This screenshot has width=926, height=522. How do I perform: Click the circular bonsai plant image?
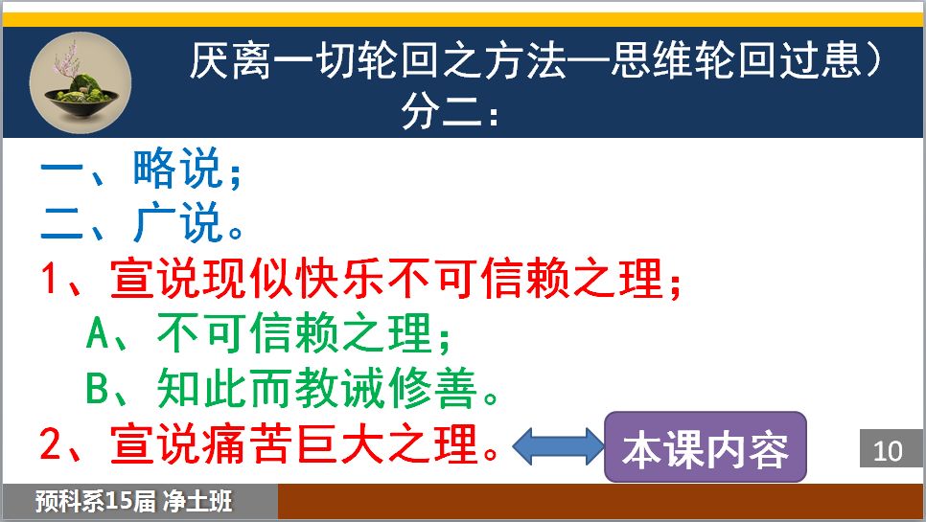click(81, 82)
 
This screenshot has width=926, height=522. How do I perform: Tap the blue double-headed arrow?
click(558, 446)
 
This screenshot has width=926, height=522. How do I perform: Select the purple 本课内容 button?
click(706, 447)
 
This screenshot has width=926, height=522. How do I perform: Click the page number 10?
click(888, 451)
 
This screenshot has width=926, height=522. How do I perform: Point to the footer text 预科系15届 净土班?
click(133, 501)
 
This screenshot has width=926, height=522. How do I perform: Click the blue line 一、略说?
click(141, 169)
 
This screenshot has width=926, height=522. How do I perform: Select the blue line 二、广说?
click(142, 222)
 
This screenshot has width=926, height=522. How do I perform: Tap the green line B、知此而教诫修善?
click(292, 388)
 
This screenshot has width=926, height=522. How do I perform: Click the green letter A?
click(98, 332)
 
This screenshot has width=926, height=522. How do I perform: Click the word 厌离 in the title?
click(229, 59)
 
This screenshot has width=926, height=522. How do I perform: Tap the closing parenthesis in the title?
click(874, 59)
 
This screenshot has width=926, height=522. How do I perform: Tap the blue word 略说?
click(177, 169)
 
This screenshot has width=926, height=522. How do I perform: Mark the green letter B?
click(98, 388)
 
